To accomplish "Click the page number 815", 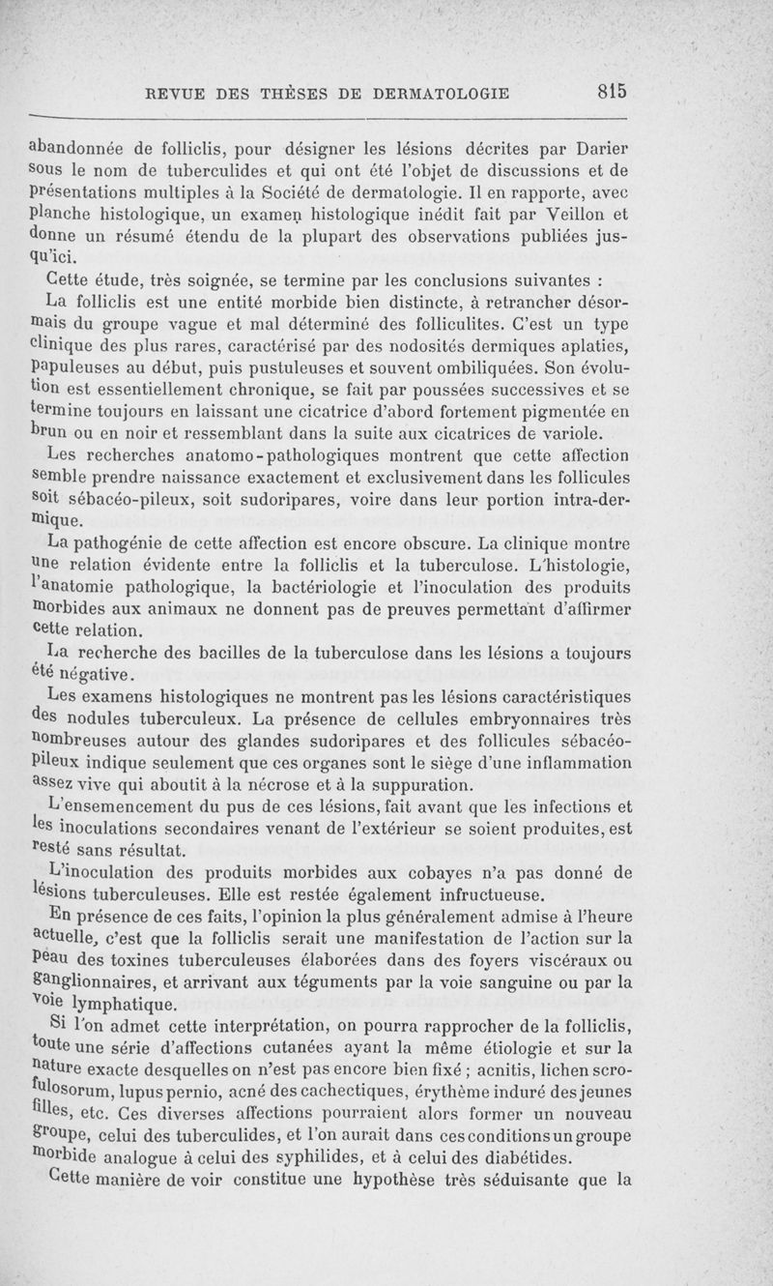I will point(613,92).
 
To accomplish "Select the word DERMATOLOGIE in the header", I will point(441,94).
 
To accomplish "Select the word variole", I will point(601,431).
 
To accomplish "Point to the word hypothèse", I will point(413,1180).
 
